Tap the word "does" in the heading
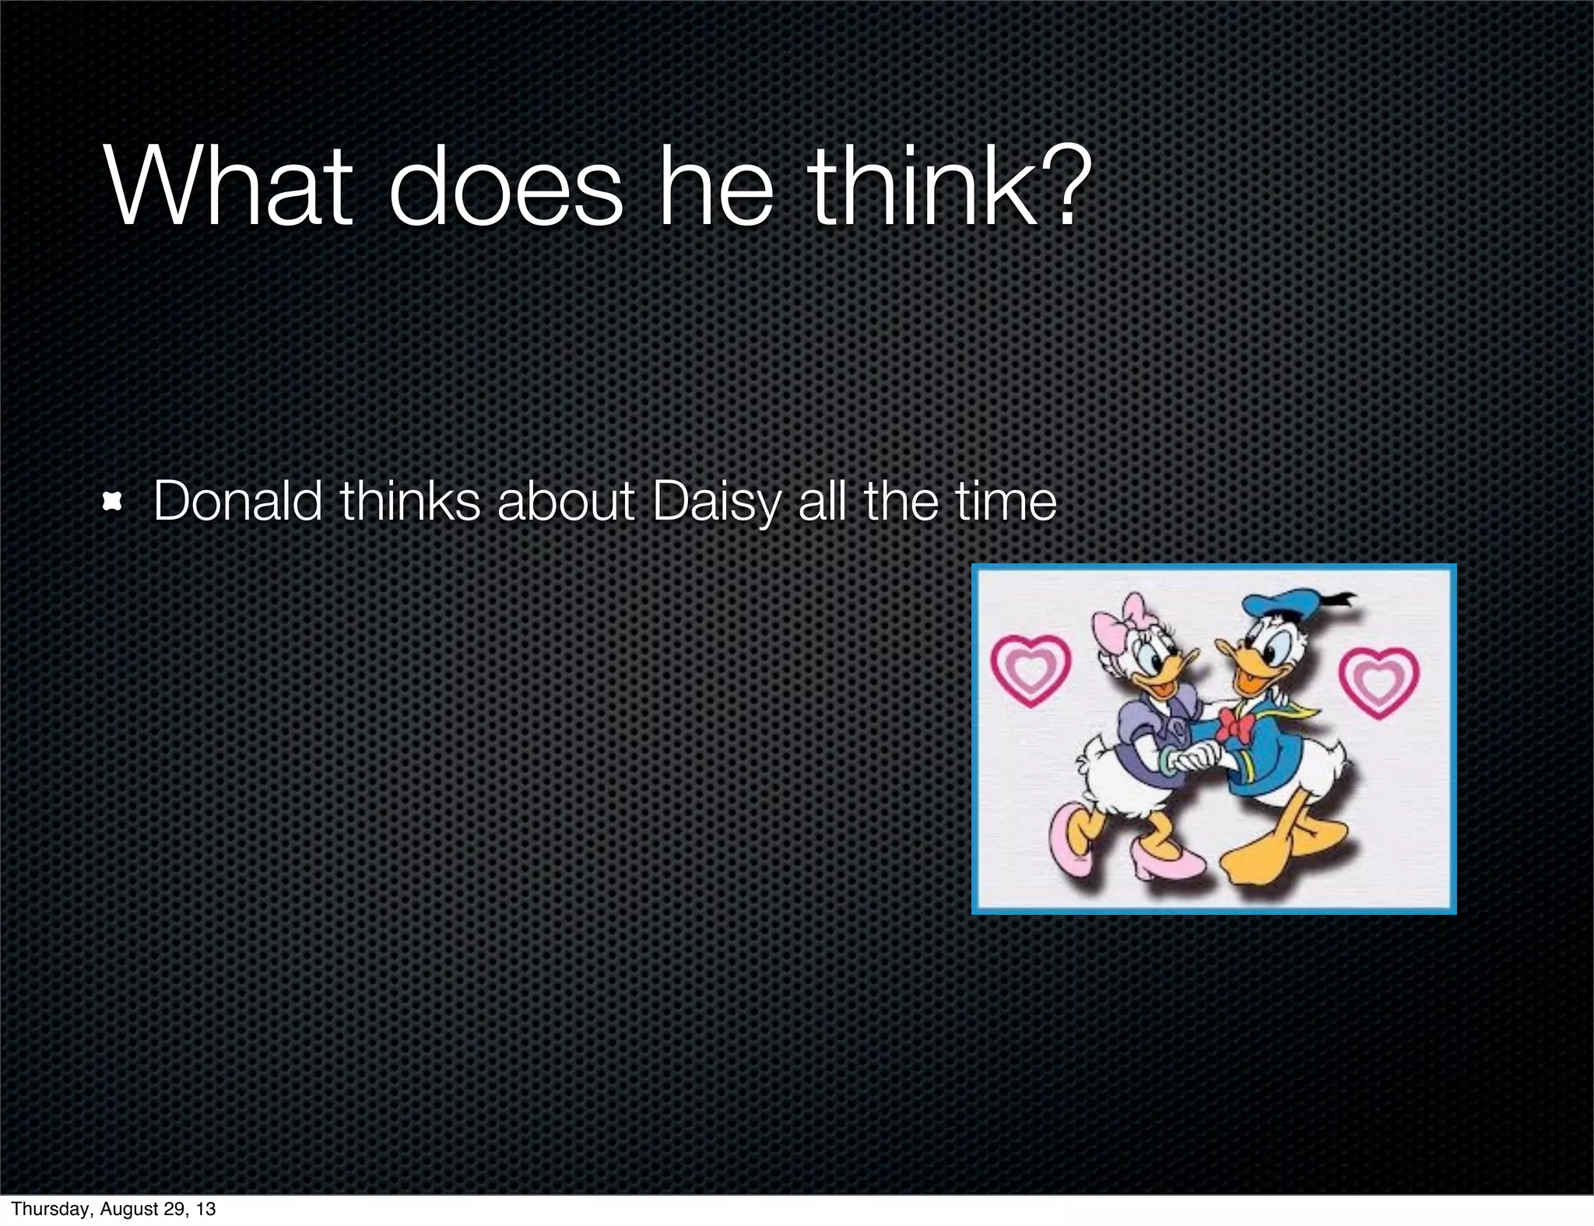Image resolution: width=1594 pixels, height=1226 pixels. [x=505, y=189]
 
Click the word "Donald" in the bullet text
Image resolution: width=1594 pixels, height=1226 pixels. [x=237, y=502]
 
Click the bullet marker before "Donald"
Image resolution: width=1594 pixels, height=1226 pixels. [x=114, y=503]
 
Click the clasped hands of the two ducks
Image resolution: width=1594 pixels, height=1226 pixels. [x=1194, y=755]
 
